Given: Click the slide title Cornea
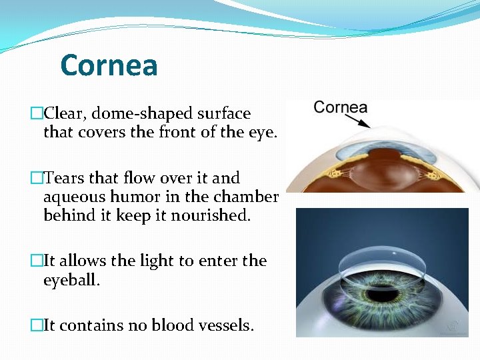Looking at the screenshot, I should click(x=109, y=65).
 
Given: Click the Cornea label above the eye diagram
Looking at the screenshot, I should click(x=340, y=107).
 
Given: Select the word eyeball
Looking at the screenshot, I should click(x=71, y=280).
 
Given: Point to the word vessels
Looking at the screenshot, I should click(x=225, y=325).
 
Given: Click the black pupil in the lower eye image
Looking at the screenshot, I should click(x=381, y=293).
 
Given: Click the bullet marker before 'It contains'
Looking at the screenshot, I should click(x=37, y=325).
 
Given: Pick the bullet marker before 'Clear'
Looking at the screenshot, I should click(x=37, y=114).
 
